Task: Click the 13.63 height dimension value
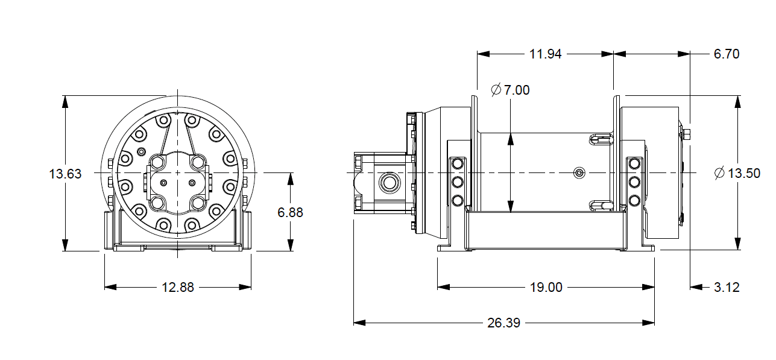tap(65, 174)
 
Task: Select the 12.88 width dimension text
tap(178, 288)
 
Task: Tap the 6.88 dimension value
tap(290, 212)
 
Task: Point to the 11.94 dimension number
tap(545, 54)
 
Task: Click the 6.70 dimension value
tap(726, 54)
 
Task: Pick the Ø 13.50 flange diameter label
tap(737, 174)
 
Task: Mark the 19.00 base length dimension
tap(546, 288)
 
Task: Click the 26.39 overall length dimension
tap(503, 323)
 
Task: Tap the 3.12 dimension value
tap(726, 288)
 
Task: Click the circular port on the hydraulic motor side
tap(387, 181)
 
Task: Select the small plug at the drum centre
tap(579, 173)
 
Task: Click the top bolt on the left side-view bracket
tap(457, 164)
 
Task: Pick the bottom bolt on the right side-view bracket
tap(634, 200)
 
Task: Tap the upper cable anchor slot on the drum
tap(601, 140)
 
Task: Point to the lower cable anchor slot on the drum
tap(601, 206)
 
